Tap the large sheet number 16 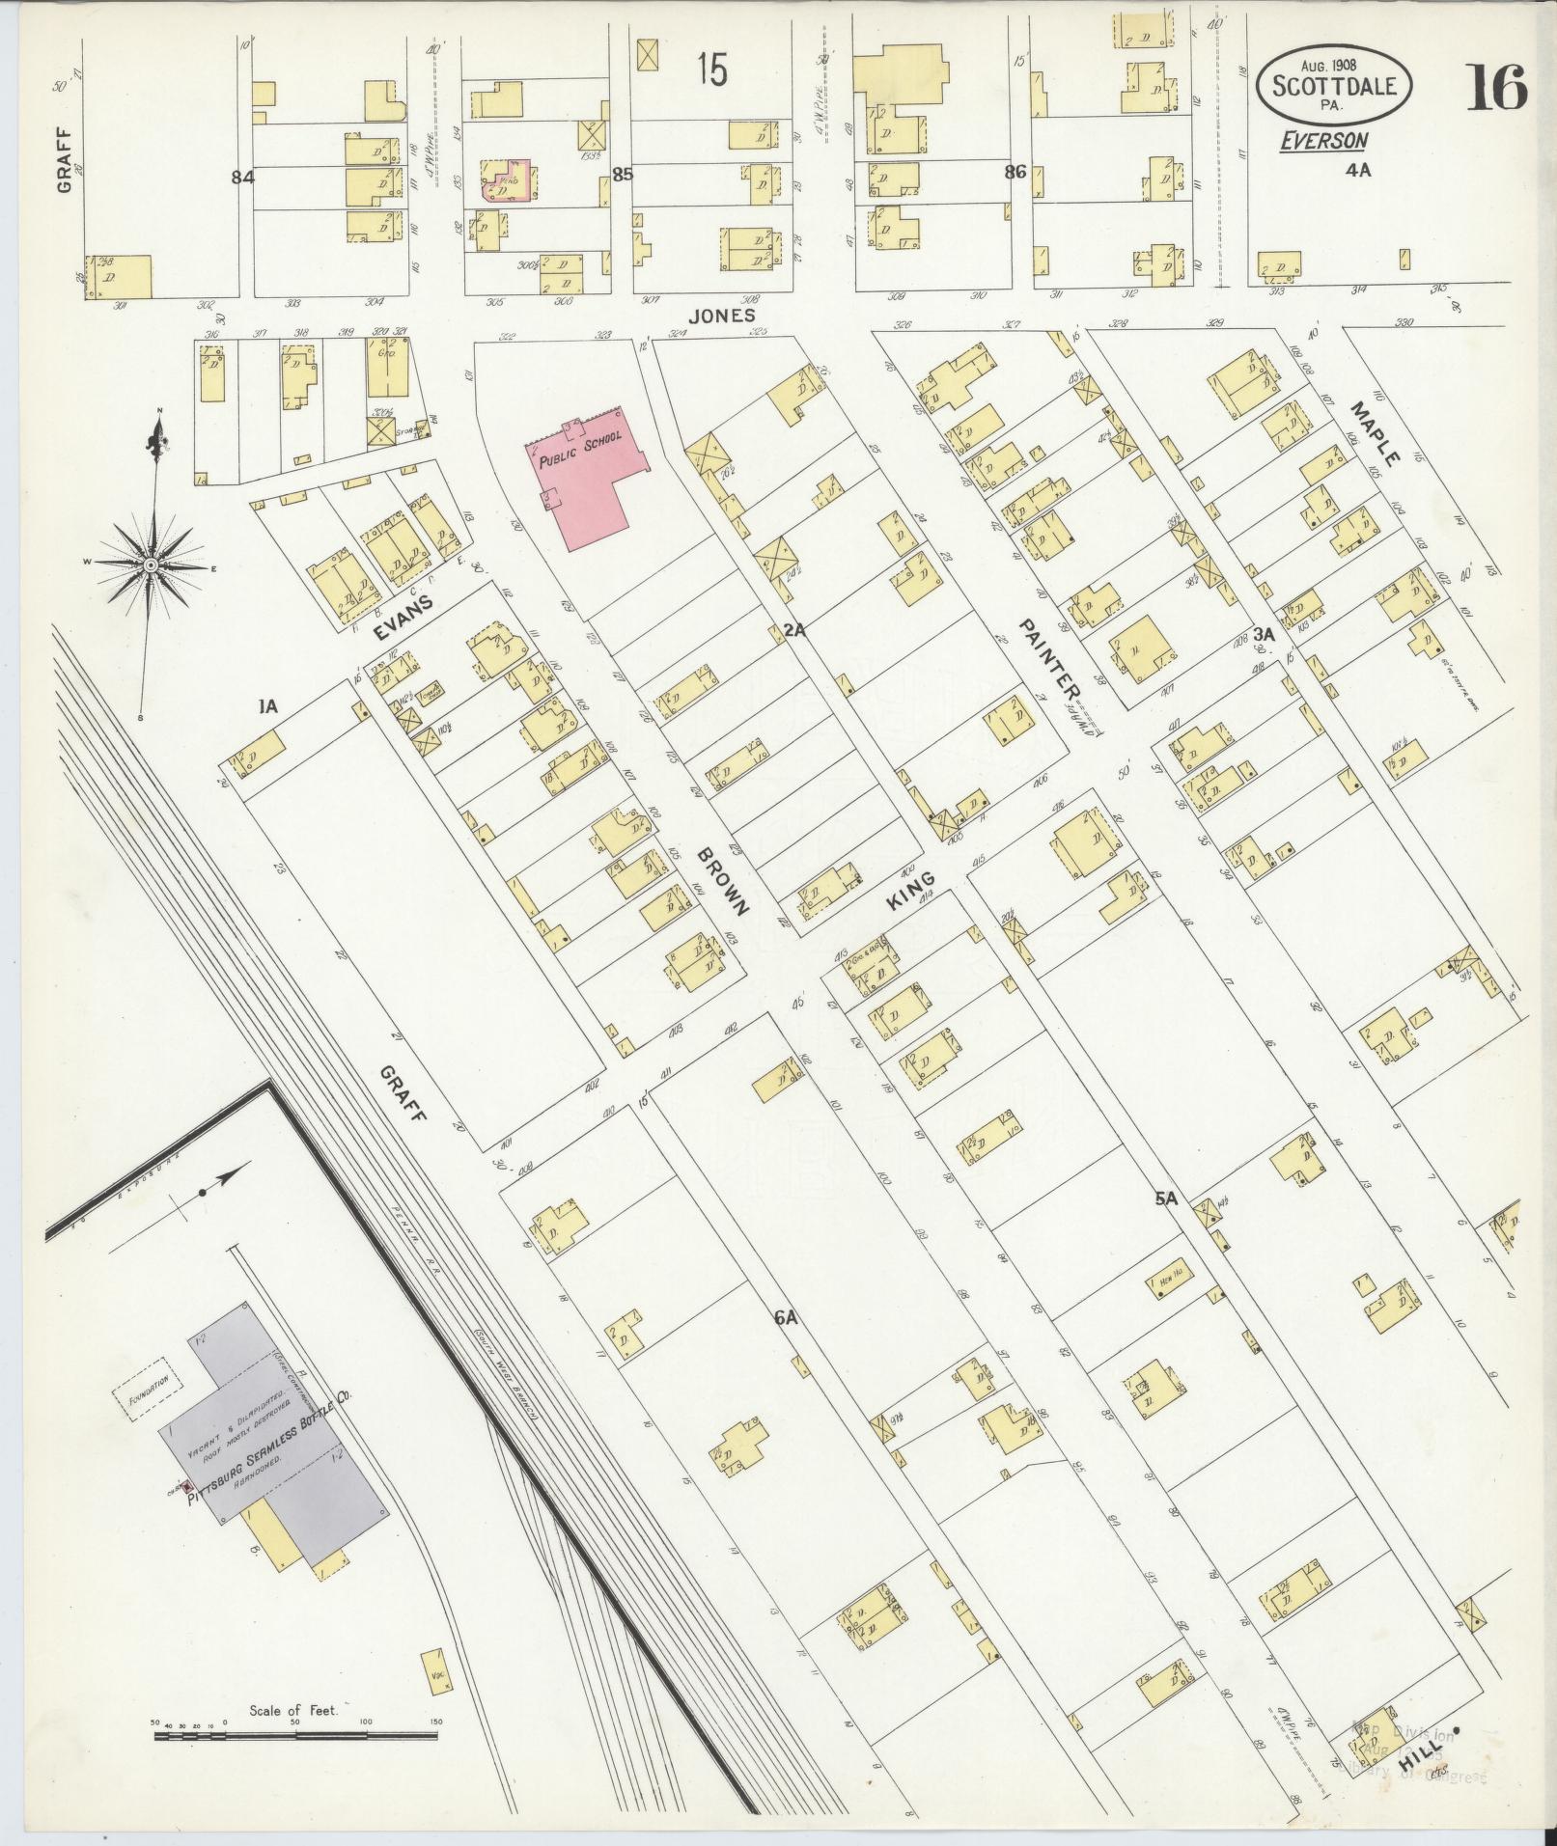(1497, 88)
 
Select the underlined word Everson (1323, 141)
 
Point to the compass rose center (152, 565)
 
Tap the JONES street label (721, 316)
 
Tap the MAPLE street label (1375, 435)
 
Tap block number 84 (241, 177)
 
